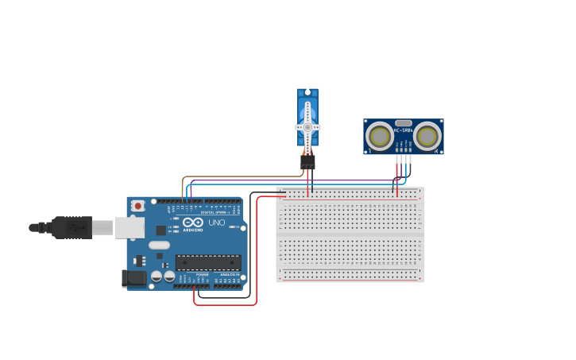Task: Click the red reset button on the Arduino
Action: click(x=137, y=205)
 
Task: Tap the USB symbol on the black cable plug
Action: click(x=76, y=227)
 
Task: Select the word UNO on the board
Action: click(x=216, y=223)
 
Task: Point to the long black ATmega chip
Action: click(x=208, y=261)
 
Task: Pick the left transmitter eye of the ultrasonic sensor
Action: click(x=379, y=137)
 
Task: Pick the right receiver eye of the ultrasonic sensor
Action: click(x=427, y=137)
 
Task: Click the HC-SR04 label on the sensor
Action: click(x=404, y=130)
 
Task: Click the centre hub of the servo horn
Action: click(x=307, y=127)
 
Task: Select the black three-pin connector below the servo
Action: click(x=307, y=161)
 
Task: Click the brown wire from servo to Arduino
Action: click(x=238, y=177)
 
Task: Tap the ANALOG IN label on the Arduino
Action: click(x=230, y=274)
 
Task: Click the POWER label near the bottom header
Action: click(x=202, y=274)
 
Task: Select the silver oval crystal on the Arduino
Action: click(x=160, y=245)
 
